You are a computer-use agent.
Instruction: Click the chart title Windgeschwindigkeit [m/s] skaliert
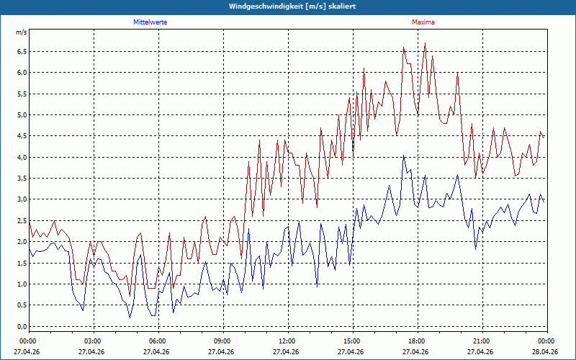(292, 6)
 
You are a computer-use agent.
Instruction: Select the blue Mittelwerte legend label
(150, 22)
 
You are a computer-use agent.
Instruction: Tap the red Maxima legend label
(423, 22)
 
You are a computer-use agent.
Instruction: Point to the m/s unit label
(22, 32)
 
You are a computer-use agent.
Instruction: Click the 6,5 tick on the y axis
(22, 52)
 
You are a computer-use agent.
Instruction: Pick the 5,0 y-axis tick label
(22, 115)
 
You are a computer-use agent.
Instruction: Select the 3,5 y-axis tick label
(22, 179)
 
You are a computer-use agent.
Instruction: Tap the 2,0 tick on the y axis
(22, 242)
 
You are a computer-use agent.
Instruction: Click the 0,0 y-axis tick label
(22, 327)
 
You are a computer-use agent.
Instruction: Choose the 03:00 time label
(94, 341)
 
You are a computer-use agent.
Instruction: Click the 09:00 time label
(223, 341)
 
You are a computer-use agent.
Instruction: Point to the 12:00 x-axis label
(288, 341)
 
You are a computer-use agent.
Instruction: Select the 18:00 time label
(418, 341)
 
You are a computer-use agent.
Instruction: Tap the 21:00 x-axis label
(482, 341)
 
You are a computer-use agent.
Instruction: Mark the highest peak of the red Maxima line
(425, 43)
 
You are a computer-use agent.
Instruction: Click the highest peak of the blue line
(403, 156)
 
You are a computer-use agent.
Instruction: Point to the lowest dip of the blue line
(130, 318)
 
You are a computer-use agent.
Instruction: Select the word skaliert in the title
(343, 6)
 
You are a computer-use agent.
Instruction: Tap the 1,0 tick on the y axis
(22, 284)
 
